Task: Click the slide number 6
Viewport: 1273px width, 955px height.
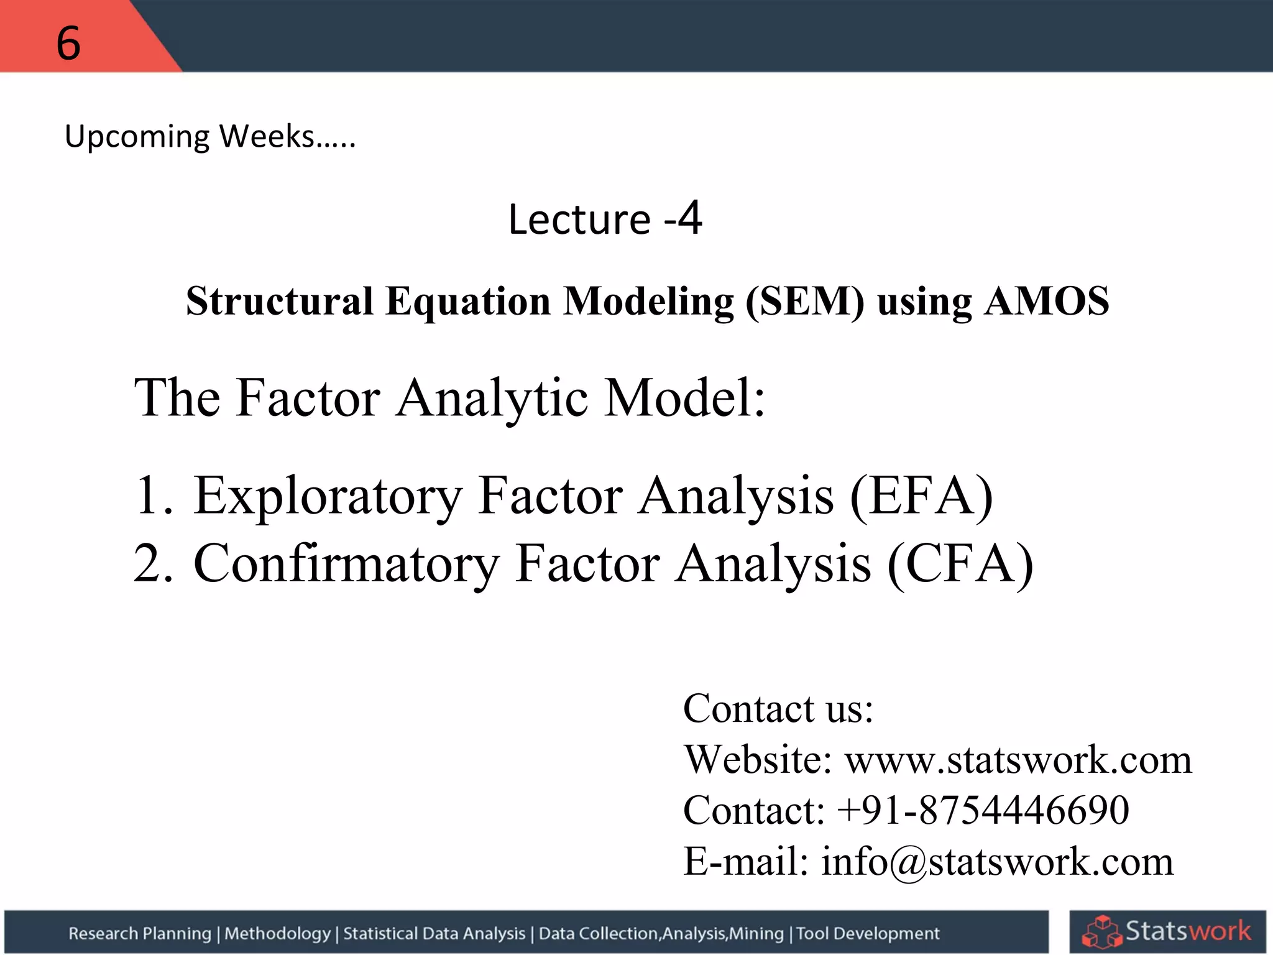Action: (68, 44)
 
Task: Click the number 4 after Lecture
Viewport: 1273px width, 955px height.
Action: (689, 218)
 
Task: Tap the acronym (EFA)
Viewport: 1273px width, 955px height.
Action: (921, 496)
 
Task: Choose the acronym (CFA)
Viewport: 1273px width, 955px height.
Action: (960, 563)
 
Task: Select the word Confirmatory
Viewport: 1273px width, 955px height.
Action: (346, 563)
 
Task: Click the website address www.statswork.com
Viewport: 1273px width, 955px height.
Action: (1018, 760)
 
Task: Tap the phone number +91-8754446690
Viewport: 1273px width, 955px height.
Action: (983, 810)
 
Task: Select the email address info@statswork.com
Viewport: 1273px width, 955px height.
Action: (997, 862)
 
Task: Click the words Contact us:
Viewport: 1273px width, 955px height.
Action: (778, 709)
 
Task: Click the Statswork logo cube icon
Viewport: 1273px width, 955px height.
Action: (1101, 931)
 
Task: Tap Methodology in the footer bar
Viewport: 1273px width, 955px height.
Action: (277, 933)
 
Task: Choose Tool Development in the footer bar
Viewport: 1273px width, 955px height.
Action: (868, 933)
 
